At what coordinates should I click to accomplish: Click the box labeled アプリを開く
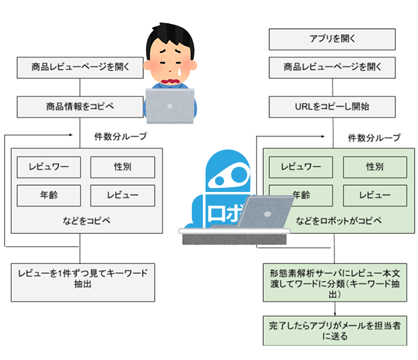click(332, 39)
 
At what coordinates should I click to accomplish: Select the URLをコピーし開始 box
click(332, 106)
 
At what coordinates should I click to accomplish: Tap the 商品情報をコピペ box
click(80, 106)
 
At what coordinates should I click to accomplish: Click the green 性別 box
click(373, 167)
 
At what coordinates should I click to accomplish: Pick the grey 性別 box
click(122, 167)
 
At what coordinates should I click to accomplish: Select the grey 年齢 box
click(49, 195)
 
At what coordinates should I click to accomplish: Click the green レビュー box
click(373, 195)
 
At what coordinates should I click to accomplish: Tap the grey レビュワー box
click(49, 167)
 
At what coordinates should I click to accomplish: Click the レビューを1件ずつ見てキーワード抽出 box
click(80, 282)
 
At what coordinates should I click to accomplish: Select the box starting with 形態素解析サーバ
click(339, 283)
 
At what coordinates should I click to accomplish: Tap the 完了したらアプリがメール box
click(339, 329)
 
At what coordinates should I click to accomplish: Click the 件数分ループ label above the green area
click(373, 137)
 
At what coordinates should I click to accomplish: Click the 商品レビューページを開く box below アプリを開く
click(332, 68)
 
